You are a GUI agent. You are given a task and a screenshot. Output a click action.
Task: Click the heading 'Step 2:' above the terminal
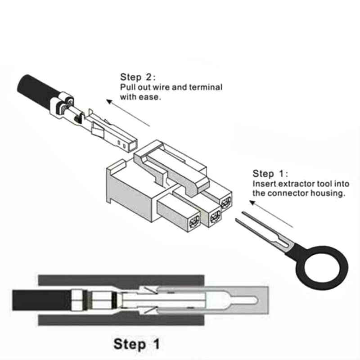[x=138, y=77]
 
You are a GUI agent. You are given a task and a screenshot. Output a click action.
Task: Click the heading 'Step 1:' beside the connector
[x=270, y=174]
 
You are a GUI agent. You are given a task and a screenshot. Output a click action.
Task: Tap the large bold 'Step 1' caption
[x=137, y=344]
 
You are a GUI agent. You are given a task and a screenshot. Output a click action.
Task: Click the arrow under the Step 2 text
[x=128, y=113]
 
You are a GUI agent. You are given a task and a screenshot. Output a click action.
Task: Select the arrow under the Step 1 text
[x=271, y=214]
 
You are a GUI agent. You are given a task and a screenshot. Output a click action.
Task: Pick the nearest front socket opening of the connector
[x=194, y=222]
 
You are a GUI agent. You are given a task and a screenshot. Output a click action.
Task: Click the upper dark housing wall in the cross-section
[x=121, y=280]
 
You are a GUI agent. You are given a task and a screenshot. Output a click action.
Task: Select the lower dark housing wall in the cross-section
[x=121, y=320]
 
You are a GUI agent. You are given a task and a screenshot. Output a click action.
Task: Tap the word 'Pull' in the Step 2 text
[x=127, y=87]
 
